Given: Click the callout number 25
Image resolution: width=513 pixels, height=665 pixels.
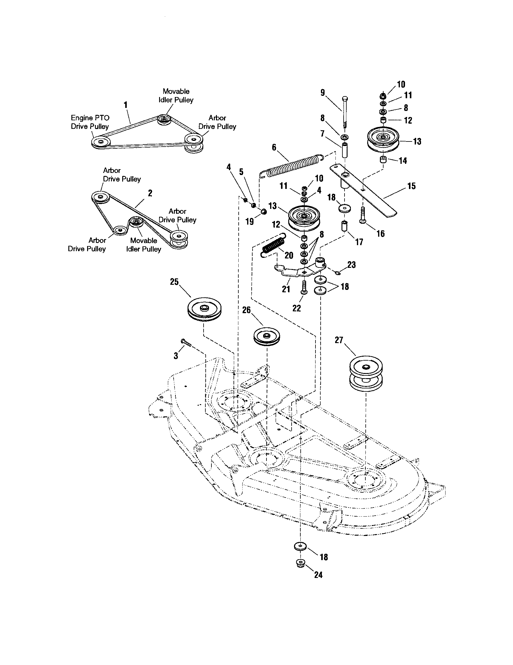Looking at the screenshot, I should [174, 282].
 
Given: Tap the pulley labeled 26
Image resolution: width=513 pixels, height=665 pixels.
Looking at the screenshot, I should [266, 336].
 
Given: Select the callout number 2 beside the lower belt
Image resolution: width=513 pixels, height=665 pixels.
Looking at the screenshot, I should [150, 193].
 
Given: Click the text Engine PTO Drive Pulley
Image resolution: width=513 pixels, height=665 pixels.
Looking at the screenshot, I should [90, 122].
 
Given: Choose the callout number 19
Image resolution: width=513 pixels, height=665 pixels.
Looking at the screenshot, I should [250, 221].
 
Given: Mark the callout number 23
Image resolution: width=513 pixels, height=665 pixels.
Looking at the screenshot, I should [351, 264].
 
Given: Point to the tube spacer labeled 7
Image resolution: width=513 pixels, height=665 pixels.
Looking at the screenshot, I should [345, 150].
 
